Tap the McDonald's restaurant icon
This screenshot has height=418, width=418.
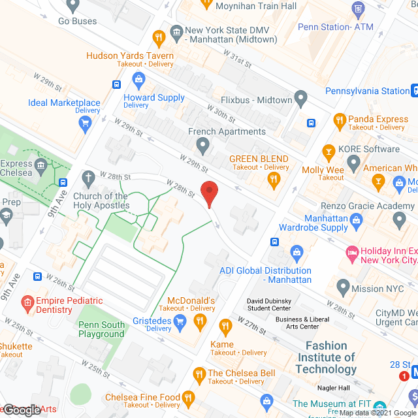pyautogui.click(x=201, y=320)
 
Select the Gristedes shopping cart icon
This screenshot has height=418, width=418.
pyautogui.click(x=180, y=321)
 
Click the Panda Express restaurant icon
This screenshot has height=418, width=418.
pyautogui.click(x=339, y=120)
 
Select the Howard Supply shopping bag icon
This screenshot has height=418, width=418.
pyautogui.click(x=138, y=80)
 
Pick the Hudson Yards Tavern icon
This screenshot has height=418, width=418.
pyautogui.click(x=157, y=37)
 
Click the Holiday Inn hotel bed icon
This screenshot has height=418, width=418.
pyautogui.click(x=352, y=252)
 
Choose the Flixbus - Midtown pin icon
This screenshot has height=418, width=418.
pyautogui.click(x=301, y=100)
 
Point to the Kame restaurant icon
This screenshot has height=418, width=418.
pyautogui.click(x=225, y=326)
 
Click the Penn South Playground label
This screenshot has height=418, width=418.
pyautogui.click(x=101, y=329)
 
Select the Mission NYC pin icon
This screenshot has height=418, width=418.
pyautogui.click(x=342, y=287)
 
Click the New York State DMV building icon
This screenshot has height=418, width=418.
pyautogui.click(x=176, y=31)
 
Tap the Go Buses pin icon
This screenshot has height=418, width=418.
pyautogui.click(x=72, y=6)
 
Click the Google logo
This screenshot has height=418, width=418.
pyautogui.click(x=22, y=410)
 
